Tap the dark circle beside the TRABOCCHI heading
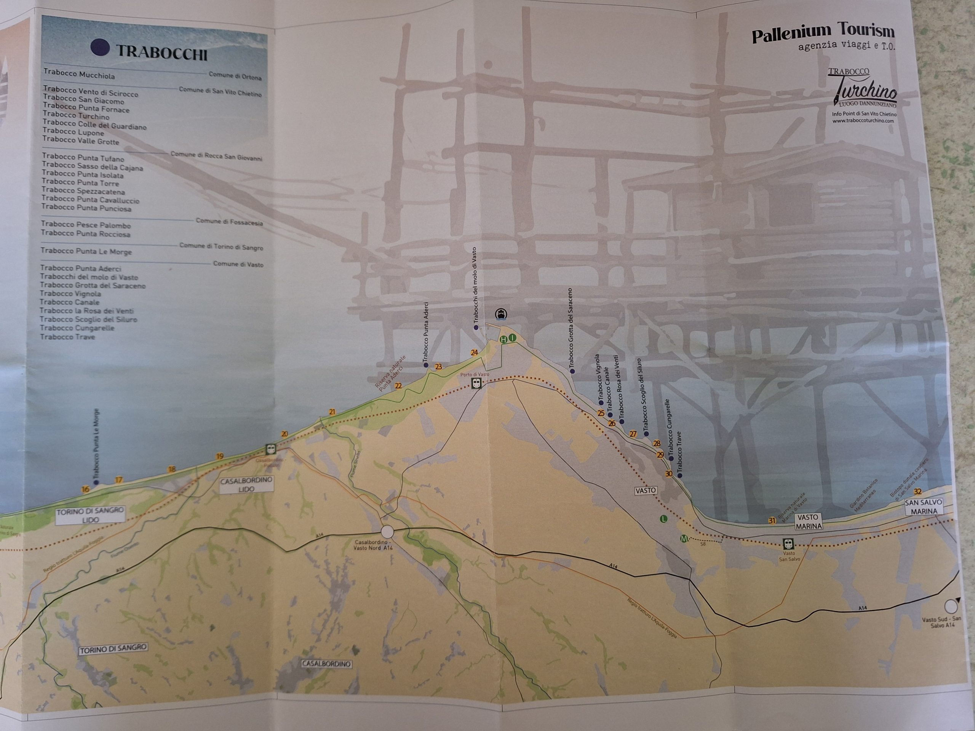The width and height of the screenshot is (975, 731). click(x=100, y=47)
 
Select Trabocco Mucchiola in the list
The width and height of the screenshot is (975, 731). click(x=79, y=75)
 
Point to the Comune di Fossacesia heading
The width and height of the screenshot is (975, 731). click(x=229, y=222)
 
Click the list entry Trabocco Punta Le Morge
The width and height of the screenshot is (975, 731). click(x=86, y=251)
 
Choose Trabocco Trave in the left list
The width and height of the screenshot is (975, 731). click(x=67, y=337)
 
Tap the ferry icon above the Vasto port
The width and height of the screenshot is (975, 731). click(x=501, y=314)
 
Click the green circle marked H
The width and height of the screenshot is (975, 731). click(x=503, y=339)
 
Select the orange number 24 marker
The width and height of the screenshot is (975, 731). click(x=474, y=353)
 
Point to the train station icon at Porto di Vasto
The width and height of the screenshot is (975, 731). click(x=476, y=383)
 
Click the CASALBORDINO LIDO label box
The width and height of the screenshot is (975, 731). click(x=246, y=484)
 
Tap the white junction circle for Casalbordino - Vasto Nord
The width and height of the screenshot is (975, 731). click(x=387, y=531)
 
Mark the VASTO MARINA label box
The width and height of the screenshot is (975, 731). click(x=809, y=521)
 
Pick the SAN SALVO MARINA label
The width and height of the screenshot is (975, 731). click(x=923, y=507)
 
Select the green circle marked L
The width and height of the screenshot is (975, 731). click(x=663, y=519)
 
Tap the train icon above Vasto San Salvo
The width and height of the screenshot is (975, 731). click(x=788, y=543)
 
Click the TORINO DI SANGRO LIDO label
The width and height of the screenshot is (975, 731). click(x=90, y=515)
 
